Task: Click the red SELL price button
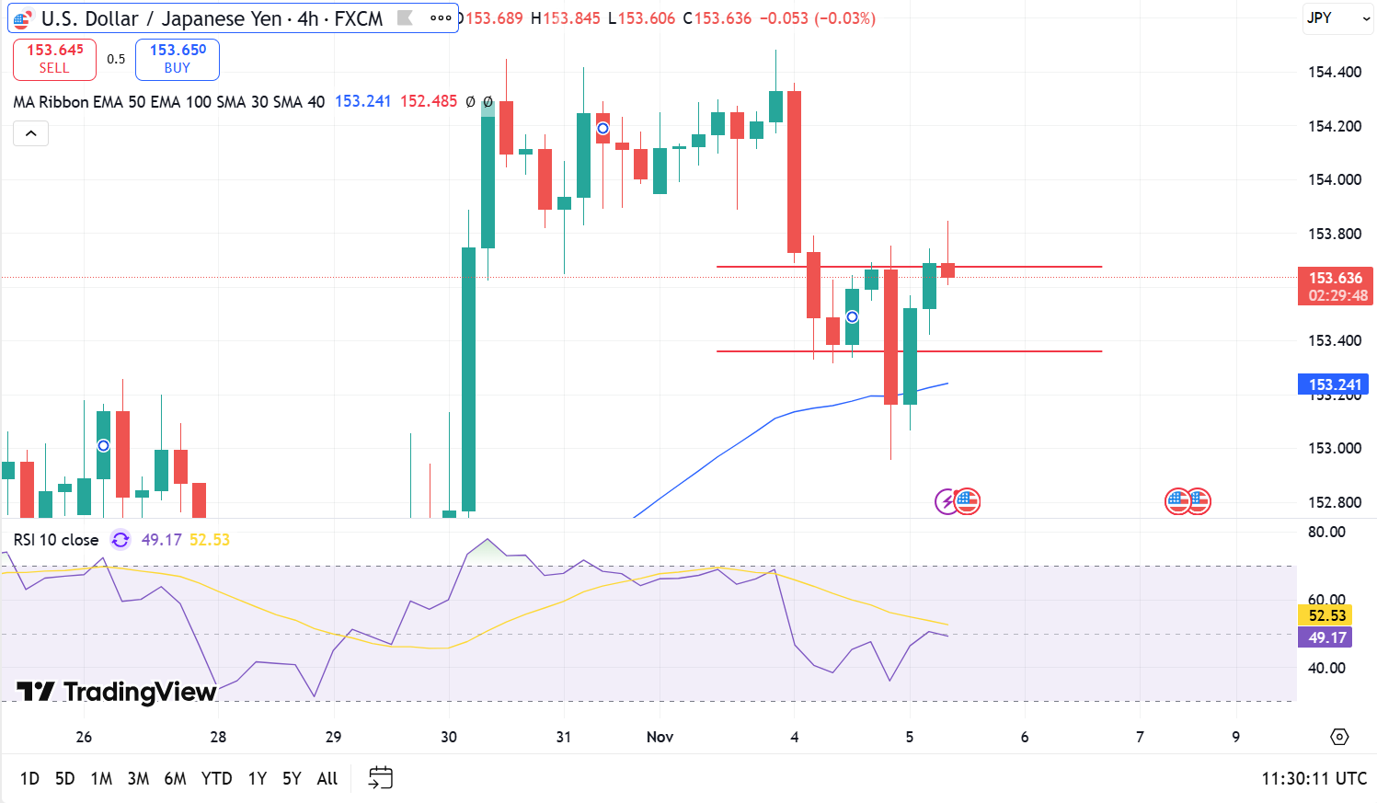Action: tap(54, 59)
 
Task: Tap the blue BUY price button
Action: tap(178, 59)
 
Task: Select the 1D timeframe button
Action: tap(29, 779)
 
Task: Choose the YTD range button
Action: tap(216, 779)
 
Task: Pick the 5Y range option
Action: tap(292, 779)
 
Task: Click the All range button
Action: tap(327, 779)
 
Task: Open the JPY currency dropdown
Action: tap(1337, 18)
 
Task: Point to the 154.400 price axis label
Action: tap(1334, 73)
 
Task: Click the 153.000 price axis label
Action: tap(1334, 449)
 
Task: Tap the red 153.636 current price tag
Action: tap(1335, 286)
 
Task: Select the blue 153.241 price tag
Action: tap(1334, 384)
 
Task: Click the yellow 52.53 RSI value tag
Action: tap(1326, 616)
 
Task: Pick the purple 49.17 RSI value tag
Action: tap(1326, 637)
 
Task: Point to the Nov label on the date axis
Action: tap(660, 737)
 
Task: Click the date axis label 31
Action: tap(564, 737)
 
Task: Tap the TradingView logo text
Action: tap(117, 692)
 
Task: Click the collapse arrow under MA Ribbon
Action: tap(30, 134)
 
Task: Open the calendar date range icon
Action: tap(380, 778)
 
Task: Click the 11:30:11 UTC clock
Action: tap(1314, 779)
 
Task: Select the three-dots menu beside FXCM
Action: tap(441, 18)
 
